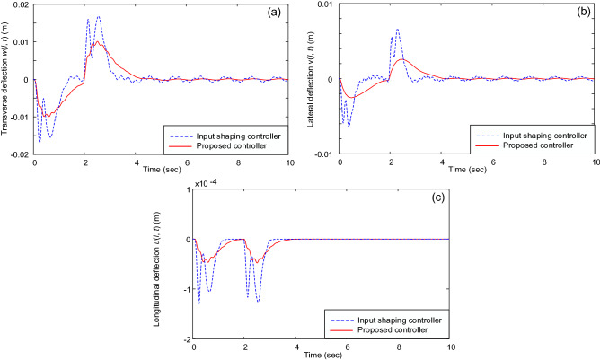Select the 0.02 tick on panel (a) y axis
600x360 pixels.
pos(20,5)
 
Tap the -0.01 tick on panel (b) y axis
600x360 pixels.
pos(323,154)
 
